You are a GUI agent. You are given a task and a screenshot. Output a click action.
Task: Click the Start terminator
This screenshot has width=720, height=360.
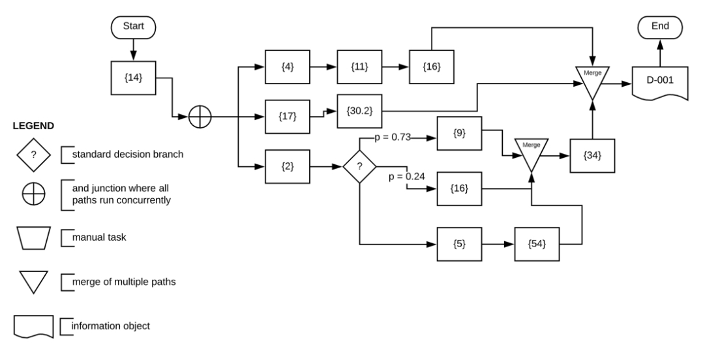click(x=132, y=27)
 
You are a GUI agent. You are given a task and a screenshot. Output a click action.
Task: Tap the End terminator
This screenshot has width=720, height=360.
click(x=660, y=27)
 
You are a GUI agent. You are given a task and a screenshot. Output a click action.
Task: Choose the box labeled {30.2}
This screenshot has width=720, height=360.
click(x=358, y=111)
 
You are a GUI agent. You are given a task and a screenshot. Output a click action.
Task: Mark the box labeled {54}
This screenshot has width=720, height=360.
click(x=537, y=245)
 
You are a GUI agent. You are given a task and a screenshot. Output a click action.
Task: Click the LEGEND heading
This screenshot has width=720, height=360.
click(x=33, y=125)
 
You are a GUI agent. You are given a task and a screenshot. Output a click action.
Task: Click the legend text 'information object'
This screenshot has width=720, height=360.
click(x=110, y=325)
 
